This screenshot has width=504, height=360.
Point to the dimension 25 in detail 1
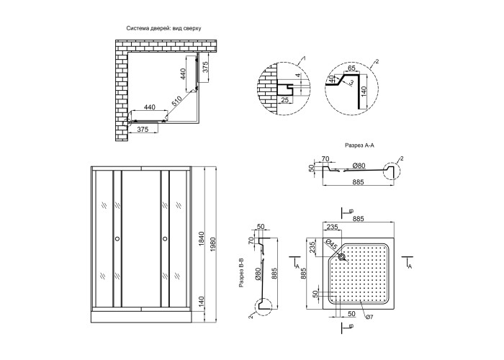(x=285, y=99)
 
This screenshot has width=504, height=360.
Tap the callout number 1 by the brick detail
(x=305, y=57)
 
